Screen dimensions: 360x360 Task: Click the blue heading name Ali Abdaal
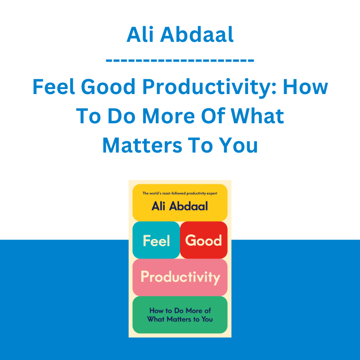click(180, 35)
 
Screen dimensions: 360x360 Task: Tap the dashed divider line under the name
click(180, 60)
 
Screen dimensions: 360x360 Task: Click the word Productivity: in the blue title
click(209, 87)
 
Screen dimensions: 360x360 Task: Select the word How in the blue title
click(306, 86)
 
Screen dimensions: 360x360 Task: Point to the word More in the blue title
click(168, 116)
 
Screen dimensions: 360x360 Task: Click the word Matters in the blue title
click(142, 145)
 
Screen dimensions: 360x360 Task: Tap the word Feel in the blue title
click(54, 86)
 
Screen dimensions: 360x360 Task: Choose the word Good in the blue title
click(108, 86)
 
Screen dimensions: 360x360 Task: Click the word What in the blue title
click(257, 116)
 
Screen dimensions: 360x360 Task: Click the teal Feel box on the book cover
click(156, 240)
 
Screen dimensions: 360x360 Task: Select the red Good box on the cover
click(204, 240)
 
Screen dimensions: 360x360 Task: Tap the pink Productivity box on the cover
click(180, 277)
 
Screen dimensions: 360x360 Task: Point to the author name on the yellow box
click(180, 206)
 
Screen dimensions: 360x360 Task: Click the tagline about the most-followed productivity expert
click(180, 193)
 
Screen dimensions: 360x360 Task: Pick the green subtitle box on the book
click(180, 315)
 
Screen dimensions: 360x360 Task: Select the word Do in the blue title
click(121, 116)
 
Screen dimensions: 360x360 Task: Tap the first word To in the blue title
click(88, 116)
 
